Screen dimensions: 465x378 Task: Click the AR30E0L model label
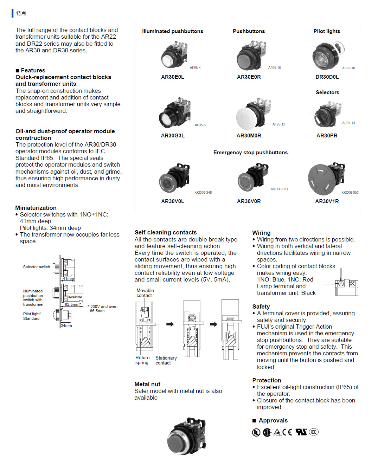(172, 77)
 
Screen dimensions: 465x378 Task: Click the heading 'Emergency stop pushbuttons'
(250, 153)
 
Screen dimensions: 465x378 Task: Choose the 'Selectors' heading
(327, 92)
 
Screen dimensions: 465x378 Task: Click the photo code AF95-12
(278, 124)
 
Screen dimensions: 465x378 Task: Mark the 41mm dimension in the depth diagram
(68, 278)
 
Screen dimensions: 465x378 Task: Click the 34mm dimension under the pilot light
(66, 325)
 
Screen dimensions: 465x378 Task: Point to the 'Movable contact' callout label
(145, 293)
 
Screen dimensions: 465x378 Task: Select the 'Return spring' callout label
(142, 360)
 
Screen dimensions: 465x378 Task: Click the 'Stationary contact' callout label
(166, 360)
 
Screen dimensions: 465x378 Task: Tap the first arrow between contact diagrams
(170, 324)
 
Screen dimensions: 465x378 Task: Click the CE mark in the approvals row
(287, 432)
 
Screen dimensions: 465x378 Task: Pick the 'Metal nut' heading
(147, 384)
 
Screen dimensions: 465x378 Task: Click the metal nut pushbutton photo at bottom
(187, 436)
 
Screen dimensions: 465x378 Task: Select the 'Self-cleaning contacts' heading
(166, 232)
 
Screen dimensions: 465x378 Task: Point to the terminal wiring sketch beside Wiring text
(342, 283)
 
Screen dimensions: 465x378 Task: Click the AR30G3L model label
(172, 136)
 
